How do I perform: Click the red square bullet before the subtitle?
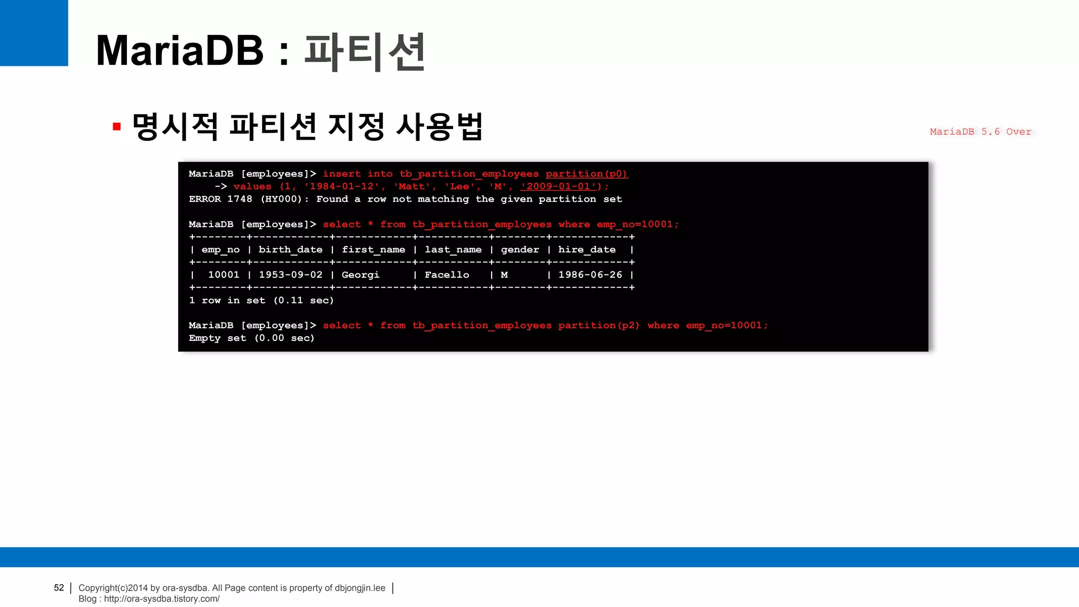coord(117,126)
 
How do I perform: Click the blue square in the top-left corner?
coord(34,33)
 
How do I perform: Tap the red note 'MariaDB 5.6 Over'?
coord(980,132)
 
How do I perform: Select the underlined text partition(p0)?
coord(586,174)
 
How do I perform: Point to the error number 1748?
coord(240,199)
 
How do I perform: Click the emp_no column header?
coord(220,250)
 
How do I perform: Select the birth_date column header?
coord(290,250)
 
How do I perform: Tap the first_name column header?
coord(374,250)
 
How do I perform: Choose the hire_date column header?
coord(587,250)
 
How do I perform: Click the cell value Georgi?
coord(360,275)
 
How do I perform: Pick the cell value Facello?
coord(447,275)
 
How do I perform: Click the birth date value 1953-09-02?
coord(290,275)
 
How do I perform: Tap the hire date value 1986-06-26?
coord(590,275)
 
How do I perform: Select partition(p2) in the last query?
coord(599,326)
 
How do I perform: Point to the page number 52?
coord(59,588)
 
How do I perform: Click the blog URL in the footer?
coord(162,599)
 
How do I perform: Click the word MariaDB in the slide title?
coord(180,51)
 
